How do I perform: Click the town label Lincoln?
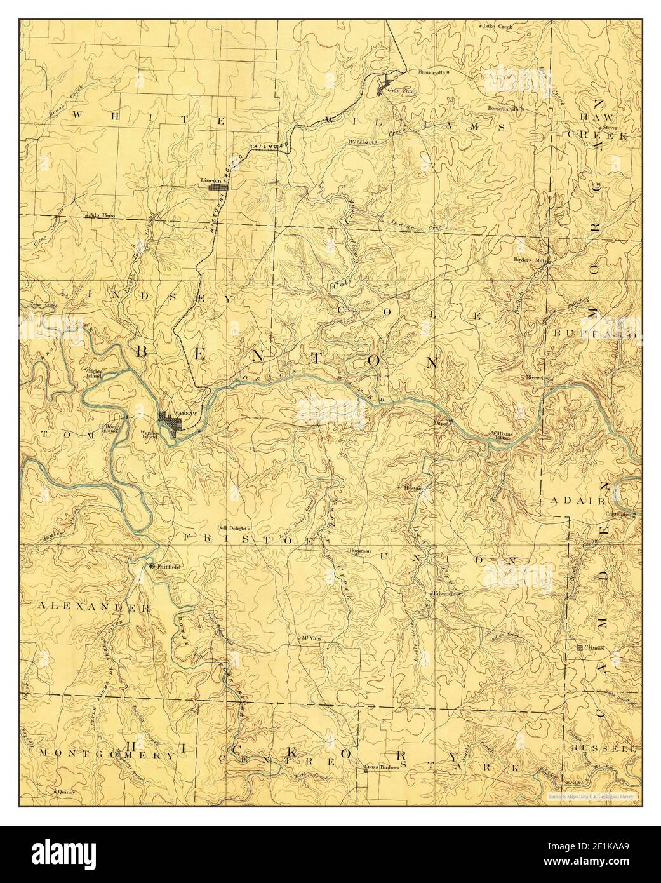click(210, 180)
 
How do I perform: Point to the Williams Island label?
click(501, 436)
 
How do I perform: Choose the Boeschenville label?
click(504, 109)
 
